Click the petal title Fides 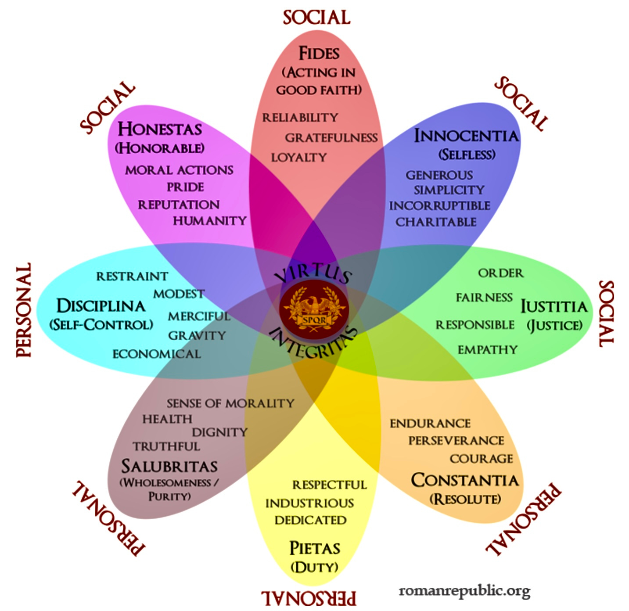tap(319, 53)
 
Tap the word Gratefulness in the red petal tap(331, 138)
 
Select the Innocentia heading tap(466, 136)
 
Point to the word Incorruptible tap(439, 205)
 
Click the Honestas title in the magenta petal tap(160, 129)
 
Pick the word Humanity tap(210, 220)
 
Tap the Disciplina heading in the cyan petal tap(101, 305)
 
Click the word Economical tap(157, 354)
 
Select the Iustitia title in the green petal tap(554, 306)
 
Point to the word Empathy tap(488, 349)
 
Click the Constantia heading tap(465, 480)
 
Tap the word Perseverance tap(456, 440)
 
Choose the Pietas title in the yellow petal tap(315, 548)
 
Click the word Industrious tap(309, 503)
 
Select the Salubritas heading tap(169, 466)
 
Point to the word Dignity tap(219, 432)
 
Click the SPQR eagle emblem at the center tap(314, 309)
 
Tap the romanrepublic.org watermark tap(464, 591)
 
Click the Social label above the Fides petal tap(316, 18)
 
